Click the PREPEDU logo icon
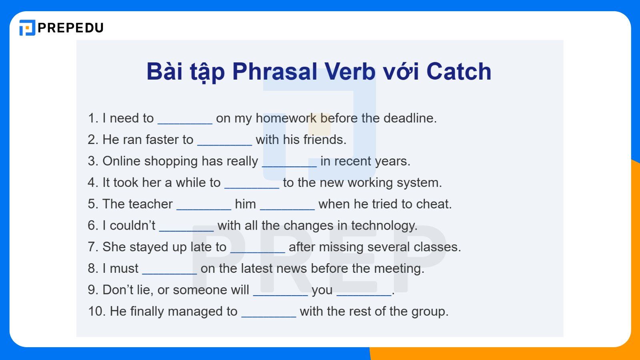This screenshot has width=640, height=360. [x=27, y=28]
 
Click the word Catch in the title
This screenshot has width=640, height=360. [x=458, y=72]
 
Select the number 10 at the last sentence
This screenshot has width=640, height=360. [x=96, y=311]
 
